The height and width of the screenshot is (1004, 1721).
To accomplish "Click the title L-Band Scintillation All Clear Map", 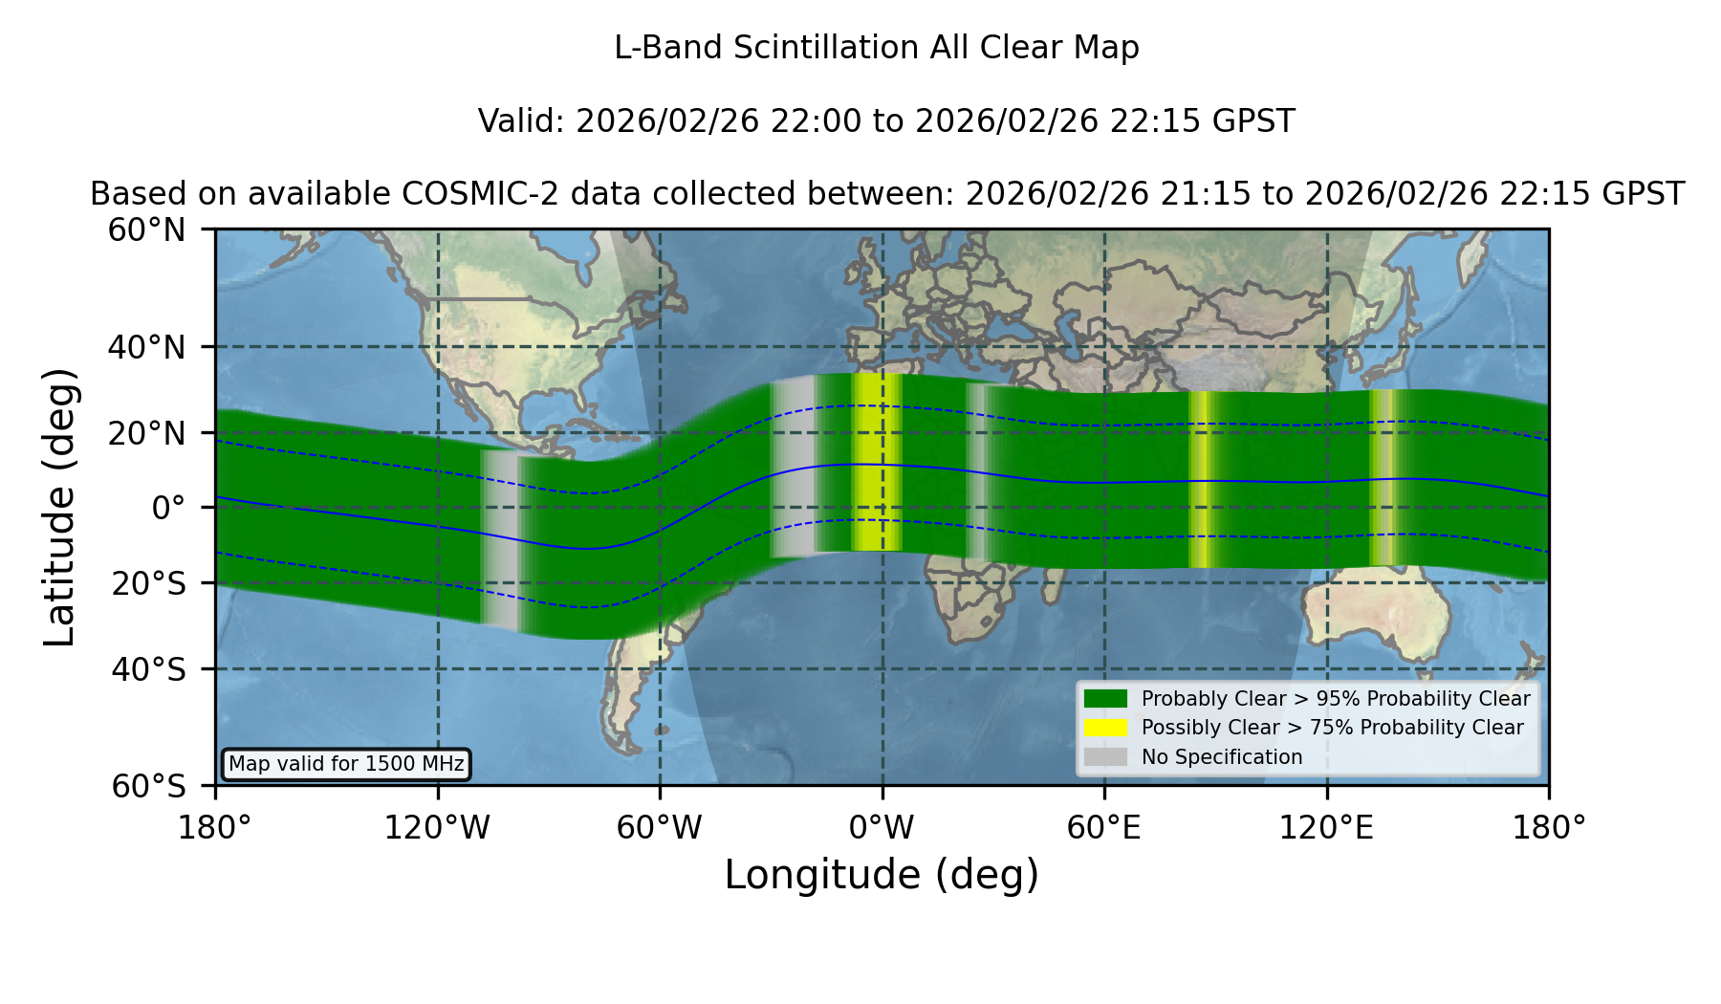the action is click(876, 48).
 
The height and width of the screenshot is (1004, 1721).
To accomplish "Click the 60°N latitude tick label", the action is click(147, 230).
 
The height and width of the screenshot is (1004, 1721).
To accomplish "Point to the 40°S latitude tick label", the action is click(149, 669).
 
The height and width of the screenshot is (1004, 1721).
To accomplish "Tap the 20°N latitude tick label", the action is click(147, 433).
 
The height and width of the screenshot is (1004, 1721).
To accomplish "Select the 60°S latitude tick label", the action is click(149, 786).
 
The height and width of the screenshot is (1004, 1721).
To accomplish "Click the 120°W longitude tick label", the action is click(437, 828).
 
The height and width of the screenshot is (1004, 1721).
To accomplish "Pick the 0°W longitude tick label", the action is click(882, 828).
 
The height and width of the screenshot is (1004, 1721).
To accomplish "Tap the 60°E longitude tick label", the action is click(1104, 828).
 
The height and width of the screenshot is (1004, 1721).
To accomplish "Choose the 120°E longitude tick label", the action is click(1326, 828).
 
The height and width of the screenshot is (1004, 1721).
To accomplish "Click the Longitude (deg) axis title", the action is click(882, 875).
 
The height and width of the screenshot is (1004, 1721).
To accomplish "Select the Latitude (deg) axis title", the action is click(60, 507).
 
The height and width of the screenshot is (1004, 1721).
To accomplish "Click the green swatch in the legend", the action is click(1105, 698).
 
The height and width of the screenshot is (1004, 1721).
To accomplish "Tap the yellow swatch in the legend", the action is click(1105, 728).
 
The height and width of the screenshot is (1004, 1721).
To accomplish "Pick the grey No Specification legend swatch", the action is click(1105, 757).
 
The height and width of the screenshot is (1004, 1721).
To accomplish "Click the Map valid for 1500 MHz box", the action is click(346, 764).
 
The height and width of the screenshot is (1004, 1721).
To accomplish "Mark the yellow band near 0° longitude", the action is click(877, 463).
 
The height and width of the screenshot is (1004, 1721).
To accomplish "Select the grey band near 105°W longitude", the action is click(499, 539).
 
